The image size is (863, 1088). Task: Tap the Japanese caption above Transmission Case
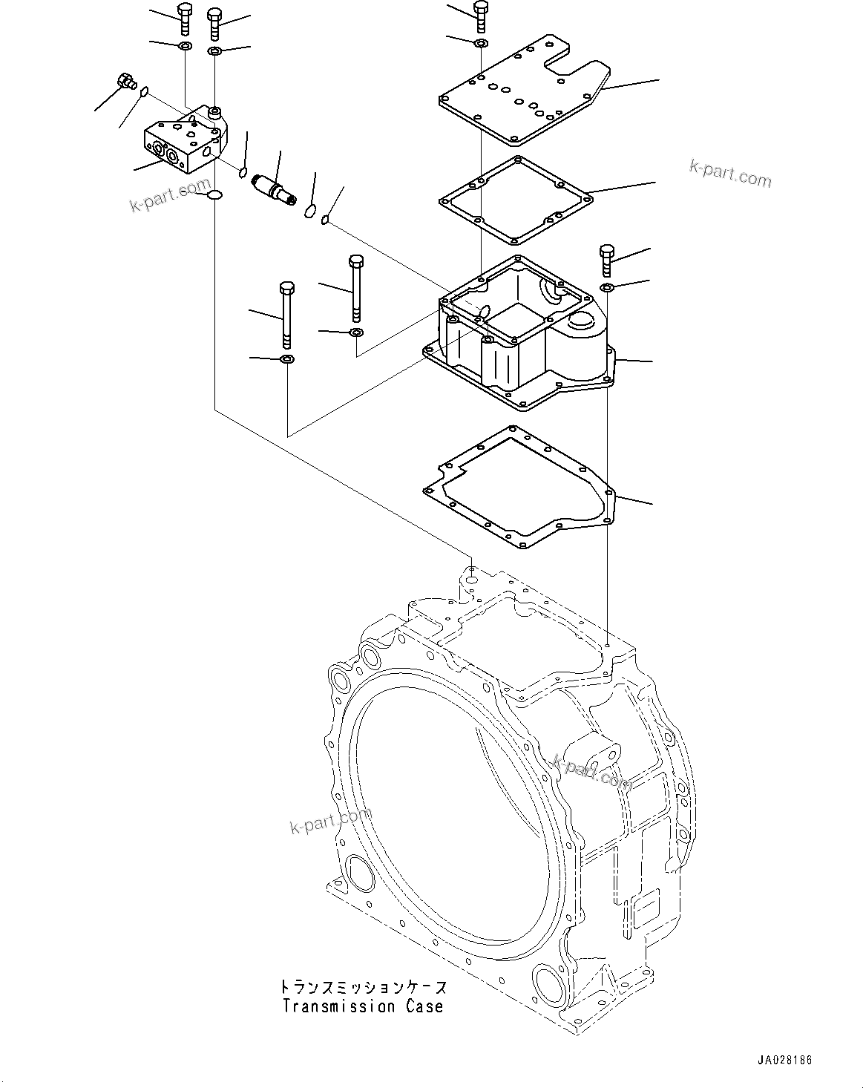tap(363, 988)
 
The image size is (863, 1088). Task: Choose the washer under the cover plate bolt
tap(481, 43)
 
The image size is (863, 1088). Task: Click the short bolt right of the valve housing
tap(606, 259)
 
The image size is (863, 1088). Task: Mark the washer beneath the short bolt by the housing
tap(606, 287)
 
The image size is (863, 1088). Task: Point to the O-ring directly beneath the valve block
tap(214, 195)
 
